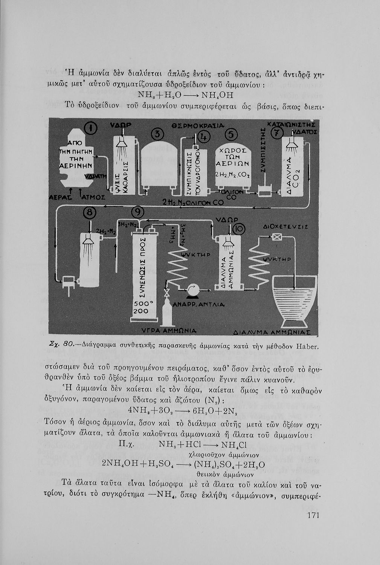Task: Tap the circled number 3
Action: [x=157, y=134]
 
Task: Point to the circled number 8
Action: [x=90, y=213]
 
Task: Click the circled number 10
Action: [x=239, y=229]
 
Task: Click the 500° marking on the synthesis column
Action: [x=142, y=304]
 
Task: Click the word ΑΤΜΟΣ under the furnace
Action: [x=93, y=197]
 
